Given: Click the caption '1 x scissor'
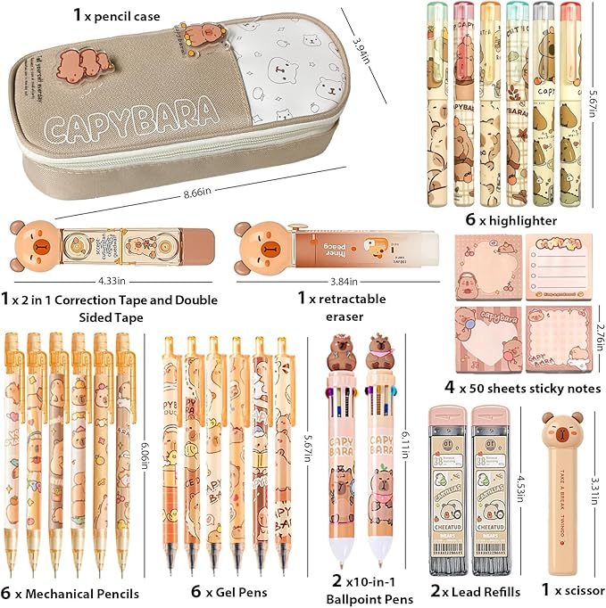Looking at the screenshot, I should point(560,590).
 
